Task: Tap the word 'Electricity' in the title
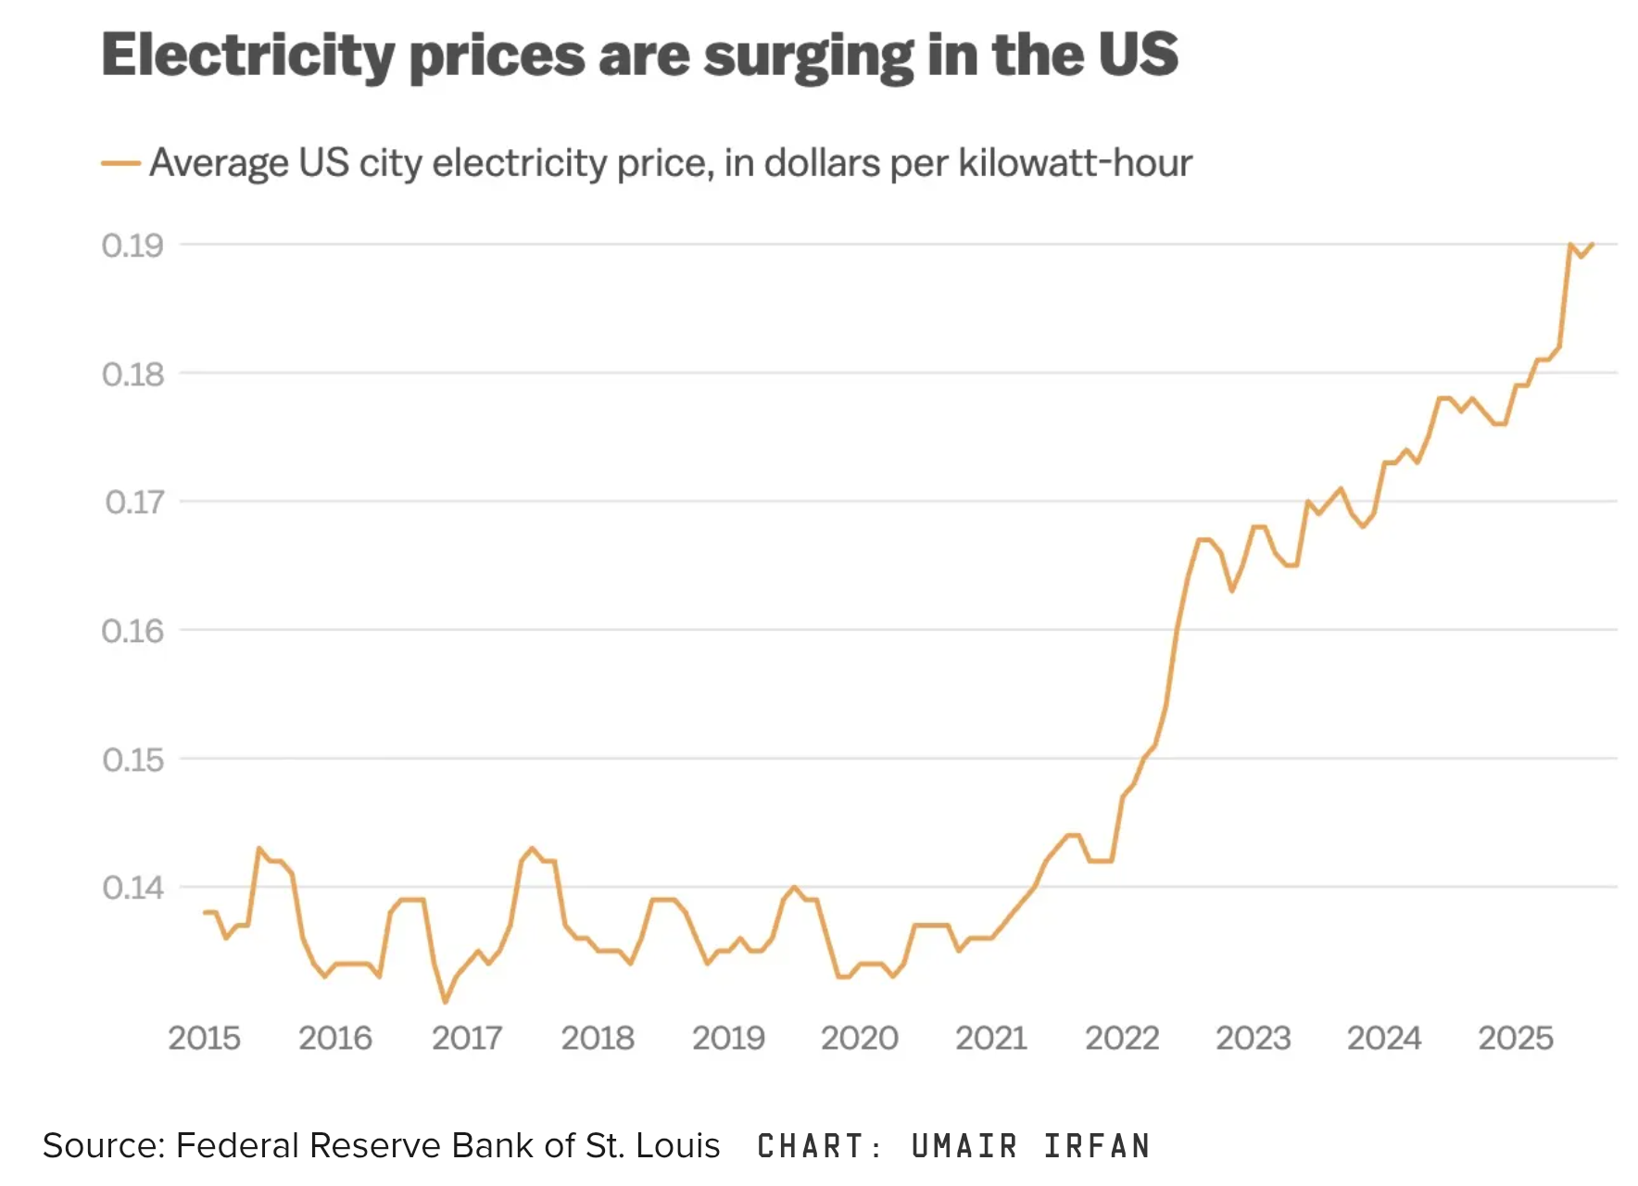(248, 56)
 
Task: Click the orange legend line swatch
(120, 164)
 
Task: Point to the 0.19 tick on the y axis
(132, 246)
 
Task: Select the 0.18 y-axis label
(132, 374)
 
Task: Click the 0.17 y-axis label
(134, 502)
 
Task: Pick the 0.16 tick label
(132, 631)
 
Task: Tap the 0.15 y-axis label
(132, 760)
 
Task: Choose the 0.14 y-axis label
(132, 888)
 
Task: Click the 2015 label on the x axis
(204, 1038)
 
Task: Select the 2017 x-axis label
(466, 1038)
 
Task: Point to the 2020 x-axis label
(859, 1038)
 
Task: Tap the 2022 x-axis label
(1121, 1038)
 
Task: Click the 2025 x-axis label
(1515, 1038)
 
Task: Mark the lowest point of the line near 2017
(446, 1002)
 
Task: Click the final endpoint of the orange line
(1593, 244)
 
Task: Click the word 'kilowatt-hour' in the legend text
(1075, 163)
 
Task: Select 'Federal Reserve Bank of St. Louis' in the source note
(447, 1146)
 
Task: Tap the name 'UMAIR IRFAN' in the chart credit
(1030, 1146)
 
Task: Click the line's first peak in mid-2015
(258, 848)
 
